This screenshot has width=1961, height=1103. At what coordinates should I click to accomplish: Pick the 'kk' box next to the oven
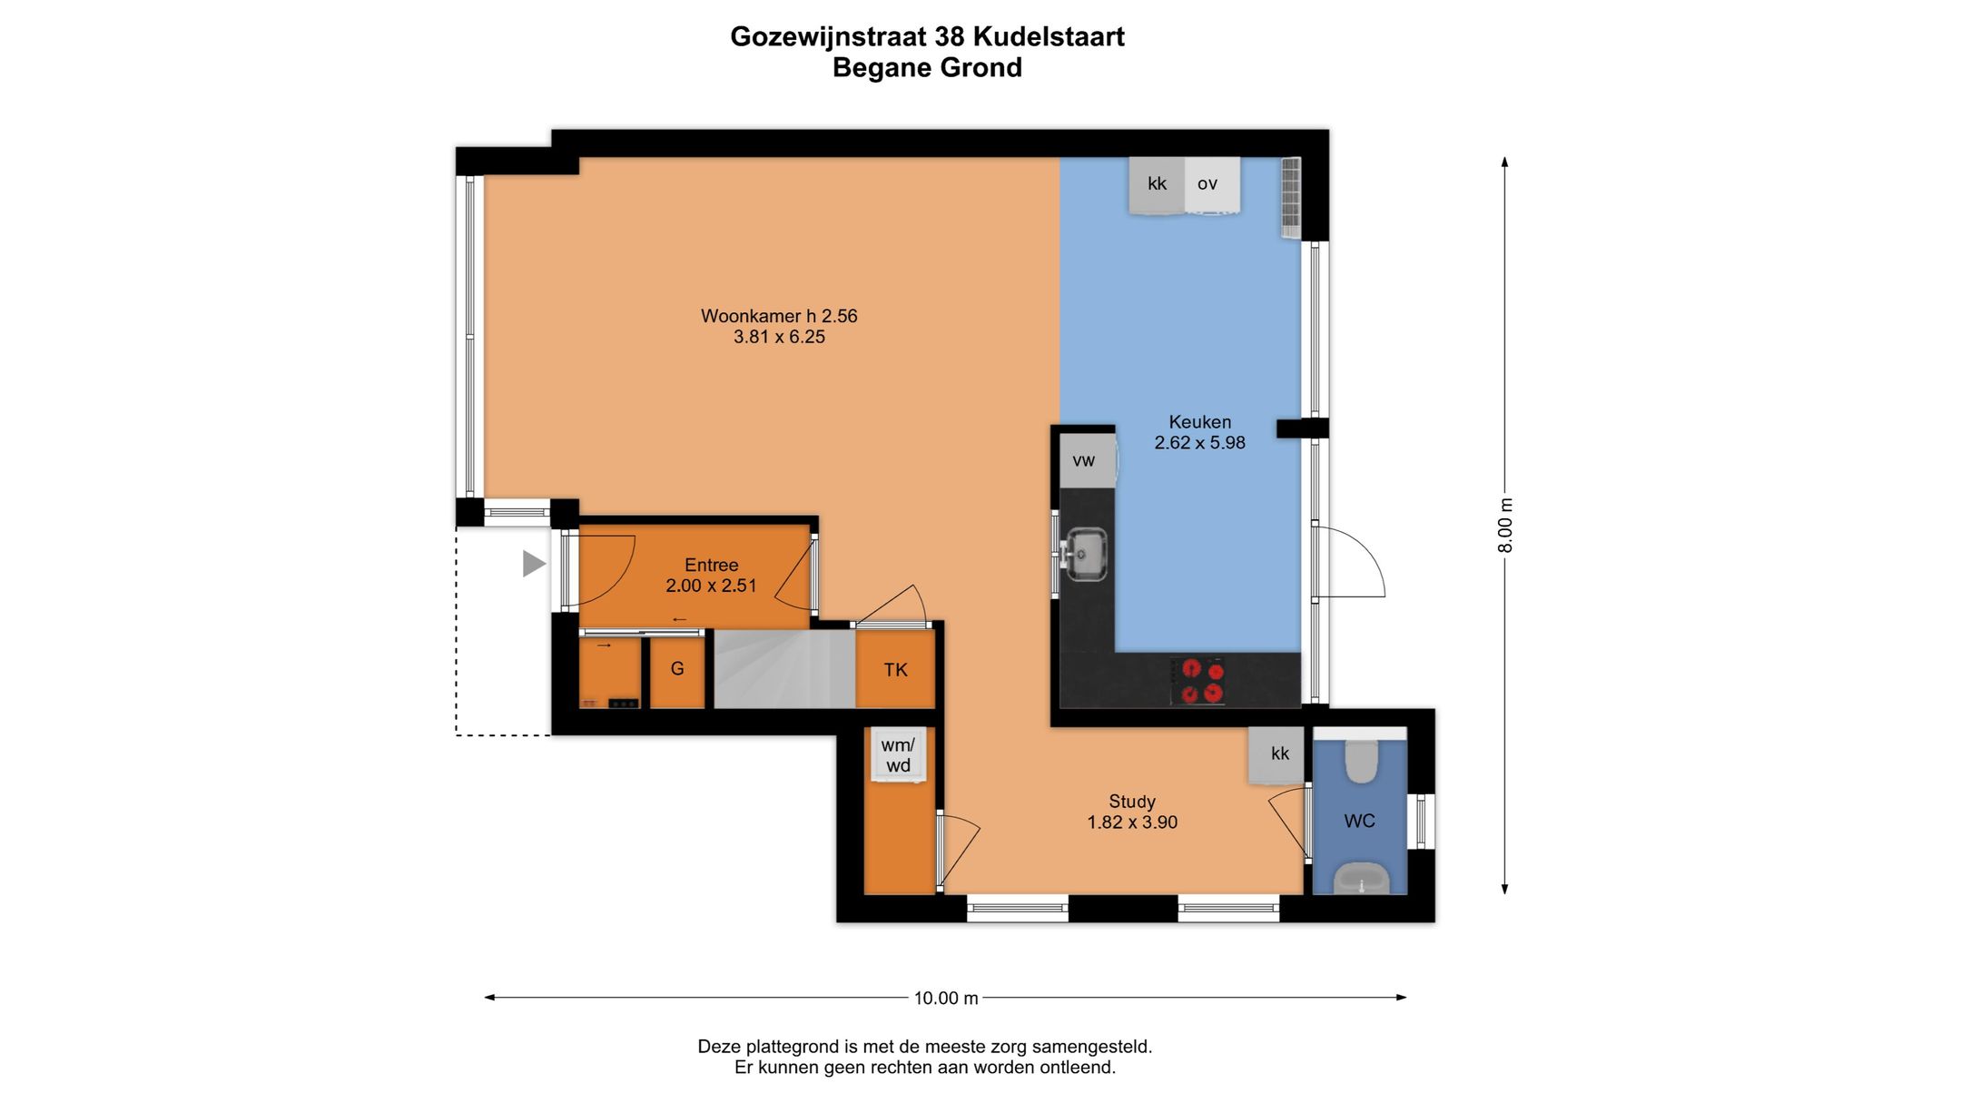pos(1157,184)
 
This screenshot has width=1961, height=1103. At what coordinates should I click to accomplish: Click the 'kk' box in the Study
pos(1279,754)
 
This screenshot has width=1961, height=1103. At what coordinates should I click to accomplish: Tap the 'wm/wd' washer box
pos(899,755)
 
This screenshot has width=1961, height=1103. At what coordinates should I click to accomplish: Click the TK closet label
pos(895,671)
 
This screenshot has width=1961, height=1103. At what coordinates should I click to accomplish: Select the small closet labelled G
pos(677,670)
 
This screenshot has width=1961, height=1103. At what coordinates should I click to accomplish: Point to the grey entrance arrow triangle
pos(533,564)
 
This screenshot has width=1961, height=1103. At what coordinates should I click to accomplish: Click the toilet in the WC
pos(1360,761)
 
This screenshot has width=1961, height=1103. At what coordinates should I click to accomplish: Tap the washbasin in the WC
pos(1361,879)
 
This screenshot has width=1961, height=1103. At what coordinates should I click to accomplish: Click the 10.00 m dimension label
pos(945,999)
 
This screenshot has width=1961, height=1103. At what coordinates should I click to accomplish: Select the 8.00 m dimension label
pos(1505,525)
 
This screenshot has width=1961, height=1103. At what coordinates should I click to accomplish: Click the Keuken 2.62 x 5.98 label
pos(1199,433)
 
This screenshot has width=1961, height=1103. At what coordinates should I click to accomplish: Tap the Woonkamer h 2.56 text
pos(779,317)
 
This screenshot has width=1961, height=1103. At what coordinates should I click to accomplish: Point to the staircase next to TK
pos(783,670)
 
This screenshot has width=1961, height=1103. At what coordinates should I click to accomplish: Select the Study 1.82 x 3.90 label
pos(1132,812)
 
